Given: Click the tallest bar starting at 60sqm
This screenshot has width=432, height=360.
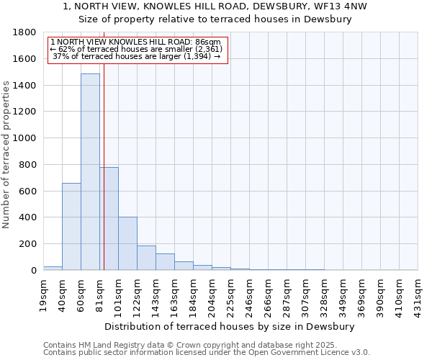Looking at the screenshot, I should pos(90,173).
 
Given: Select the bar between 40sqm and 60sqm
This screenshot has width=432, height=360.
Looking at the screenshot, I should pos(71,227).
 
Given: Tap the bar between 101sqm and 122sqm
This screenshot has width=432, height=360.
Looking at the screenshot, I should pos(127,243).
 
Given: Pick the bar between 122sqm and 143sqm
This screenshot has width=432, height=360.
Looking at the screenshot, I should pos(146,258).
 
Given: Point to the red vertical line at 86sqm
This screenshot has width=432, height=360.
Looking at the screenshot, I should pos(104,158).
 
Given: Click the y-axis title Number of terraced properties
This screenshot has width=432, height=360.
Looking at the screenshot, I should pos(7,154).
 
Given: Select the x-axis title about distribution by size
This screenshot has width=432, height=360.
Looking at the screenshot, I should pos(230,326).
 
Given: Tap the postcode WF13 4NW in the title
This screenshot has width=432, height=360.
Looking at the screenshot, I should pos(339,6).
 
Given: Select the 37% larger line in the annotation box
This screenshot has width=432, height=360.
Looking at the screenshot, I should pos(137,56).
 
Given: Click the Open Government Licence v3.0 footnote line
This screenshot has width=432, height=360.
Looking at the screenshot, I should pos(207,353).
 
